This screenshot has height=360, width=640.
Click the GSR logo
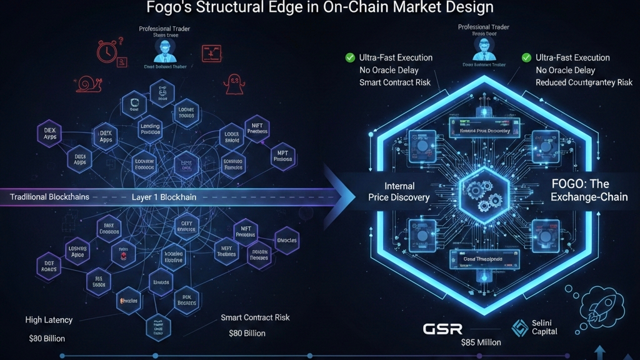click(442, 329)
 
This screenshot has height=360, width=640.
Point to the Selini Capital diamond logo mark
click(520, 328)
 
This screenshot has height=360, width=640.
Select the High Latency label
click(49, 320)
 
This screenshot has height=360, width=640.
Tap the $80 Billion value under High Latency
click(47, 339)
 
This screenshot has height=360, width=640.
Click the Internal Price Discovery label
click(399, 192)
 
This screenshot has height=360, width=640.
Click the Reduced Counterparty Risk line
click(584, 82)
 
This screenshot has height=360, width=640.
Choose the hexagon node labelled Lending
click(150, 129)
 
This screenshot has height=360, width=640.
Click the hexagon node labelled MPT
click(282, 156)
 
